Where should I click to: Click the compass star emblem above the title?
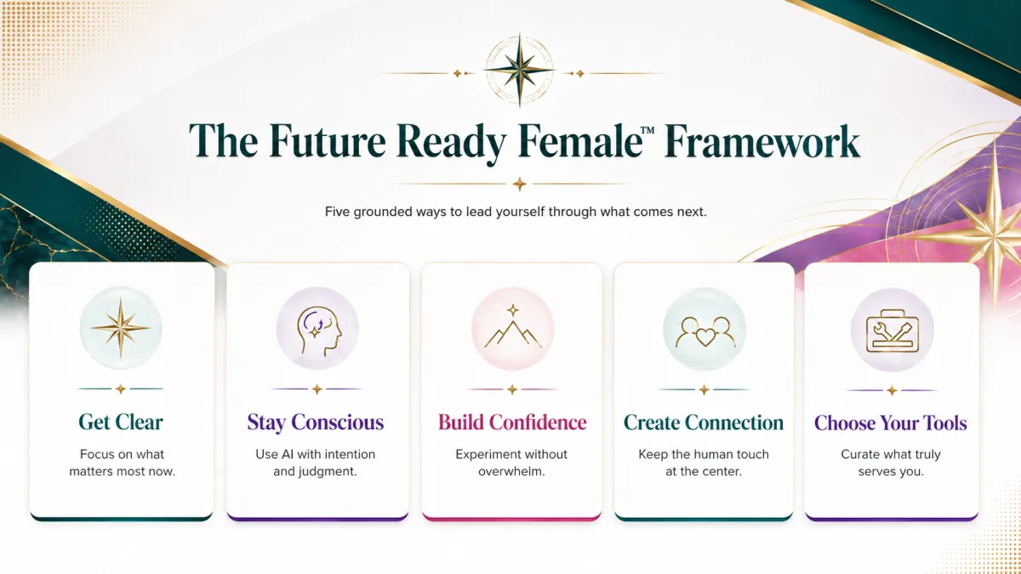pyautogui.click(x=519, y=70)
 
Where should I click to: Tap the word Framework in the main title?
pyautogui.click(x=762, y=141)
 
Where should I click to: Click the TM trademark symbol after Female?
pyautogui.click(x=647, y=130)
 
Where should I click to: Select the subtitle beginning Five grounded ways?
pyautogui.click(x=516, y=212)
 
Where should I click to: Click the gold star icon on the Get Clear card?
pyautogui.click(x=120, y=327)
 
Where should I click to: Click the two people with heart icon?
pyautogui.click(x=705, y=332)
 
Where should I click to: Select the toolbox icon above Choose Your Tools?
pyautogui.click(x=893, y=331)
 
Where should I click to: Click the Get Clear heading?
pyautogui.click(x=121, y=423)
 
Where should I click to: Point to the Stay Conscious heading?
pyautogui.click(x=316, y=423)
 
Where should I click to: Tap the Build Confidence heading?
pyautogui.click(x=512, y=423)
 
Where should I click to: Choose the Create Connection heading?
pyautogui.click(x=704, y=423)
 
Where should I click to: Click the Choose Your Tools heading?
pyautogui.click(x=891, y=423)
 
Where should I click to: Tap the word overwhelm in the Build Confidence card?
pyautogui.click(x=511, y=471)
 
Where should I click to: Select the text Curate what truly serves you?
pyautogui.click(x=891, y=463)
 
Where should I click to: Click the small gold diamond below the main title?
pyautogui.click(x=519, y=184)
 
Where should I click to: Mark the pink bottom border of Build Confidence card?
pyautogui.click(x=512, y=518)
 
